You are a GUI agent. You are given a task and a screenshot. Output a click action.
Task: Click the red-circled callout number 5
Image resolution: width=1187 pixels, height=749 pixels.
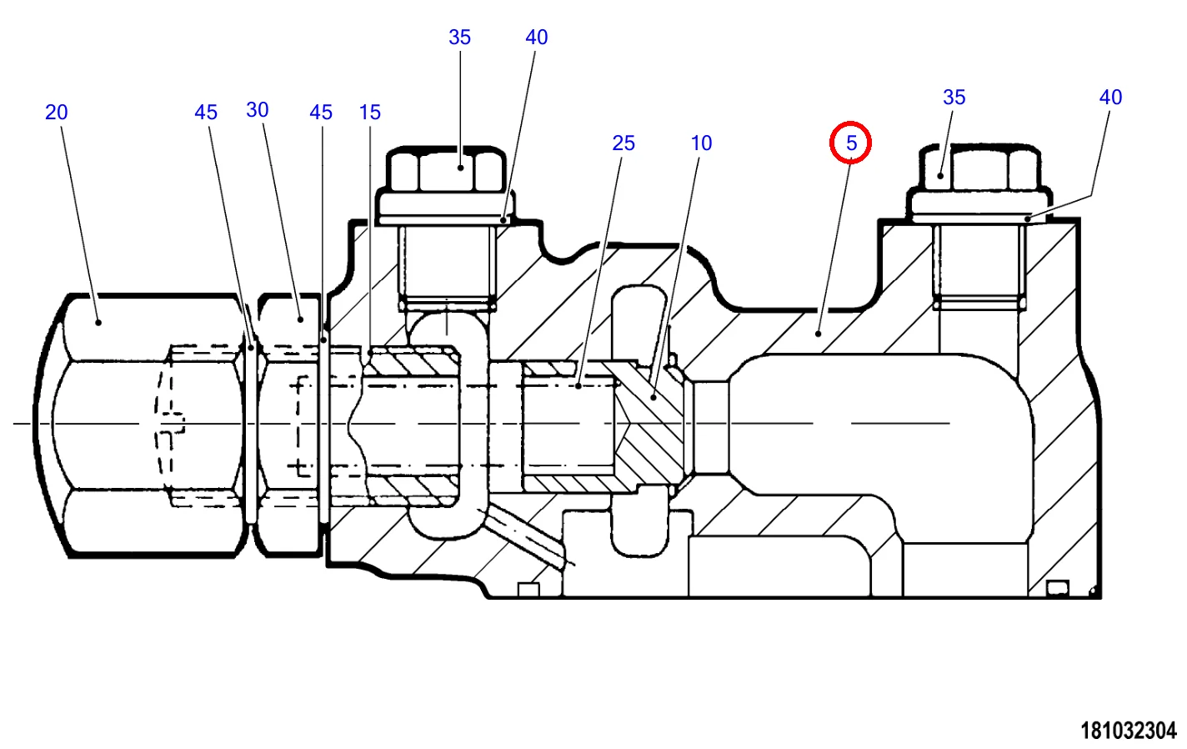[850, 143]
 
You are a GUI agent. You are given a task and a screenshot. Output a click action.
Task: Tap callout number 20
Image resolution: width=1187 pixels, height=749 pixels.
[56, 113]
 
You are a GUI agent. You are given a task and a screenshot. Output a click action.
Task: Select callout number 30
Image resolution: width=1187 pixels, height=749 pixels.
[258, 110]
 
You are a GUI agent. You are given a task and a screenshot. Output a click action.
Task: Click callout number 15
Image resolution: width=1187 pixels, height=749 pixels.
[369, 113]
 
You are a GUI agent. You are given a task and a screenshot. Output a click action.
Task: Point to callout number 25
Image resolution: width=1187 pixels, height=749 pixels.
[624, 143]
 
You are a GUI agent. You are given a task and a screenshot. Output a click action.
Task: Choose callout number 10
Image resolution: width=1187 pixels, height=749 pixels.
[701, 143]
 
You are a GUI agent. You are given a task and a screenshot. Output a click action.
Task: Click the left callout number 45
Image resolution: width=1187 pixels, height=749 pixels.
[206, 113]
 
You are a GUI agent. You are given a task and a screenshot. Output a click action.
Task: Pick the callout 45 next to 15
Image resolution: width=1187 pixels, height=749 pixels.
[321, 113]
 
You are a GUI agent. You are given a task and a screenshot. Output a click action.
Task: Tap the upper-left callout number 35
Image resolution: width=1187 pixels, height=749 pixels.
[459, 38]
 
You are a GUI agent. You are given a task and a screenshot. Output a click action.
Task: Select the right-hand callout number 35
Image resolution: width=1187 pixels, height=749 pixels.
[954, 98]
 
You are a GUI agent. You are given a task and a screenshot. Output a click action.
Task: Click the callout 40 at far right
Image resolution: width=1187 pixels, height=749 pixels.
[1110, 98]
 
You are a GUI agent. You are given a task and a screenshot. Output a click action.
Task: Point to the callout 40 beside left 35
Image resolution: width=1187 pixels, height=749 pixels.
[536, 38]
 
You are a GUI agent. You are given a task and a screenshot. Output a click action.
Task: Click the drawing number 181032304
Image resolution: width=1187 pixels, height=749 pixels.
[1129, 731]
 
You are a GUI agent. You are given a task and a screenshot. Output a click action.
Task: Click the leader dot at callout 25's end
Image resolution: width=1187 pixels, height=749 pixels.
[578, 385]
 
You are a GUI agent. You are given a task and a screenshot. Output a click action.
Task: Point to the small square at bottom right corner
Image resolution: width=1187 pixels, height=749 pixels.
[1056, 589]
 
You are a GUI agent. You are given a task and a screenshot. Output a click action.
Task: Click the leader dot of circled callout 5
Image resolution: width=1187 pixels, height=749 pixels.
[819, 333]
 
